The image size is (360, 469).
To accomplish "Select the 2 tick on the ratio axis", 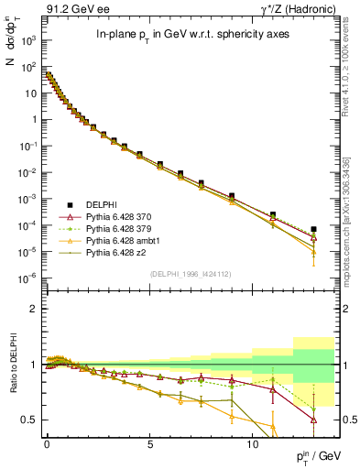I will click(x=34, y=309).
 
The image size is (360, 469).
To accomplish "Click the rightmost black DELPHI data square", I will click(x=314, y=229).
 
